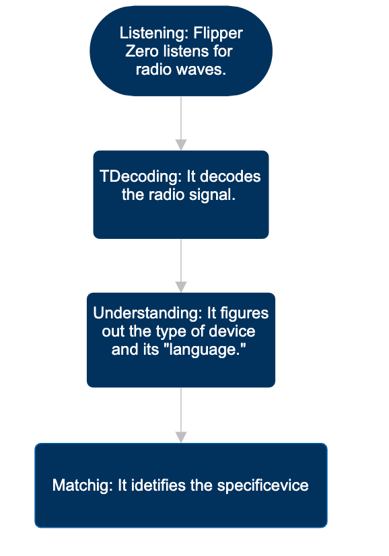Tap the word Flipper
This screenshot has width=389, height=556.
[218, 34]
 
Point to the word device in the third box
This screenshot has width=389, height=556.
[232, 332]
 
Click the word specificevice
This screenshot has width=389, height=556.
[262, 486]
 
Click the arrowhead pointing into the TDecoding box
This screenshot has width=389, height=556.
[181, 145]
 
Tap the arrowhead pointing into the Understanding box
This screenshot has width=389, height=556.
[181, 287]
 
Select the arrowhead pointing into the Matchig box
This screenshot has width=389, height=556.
[181, 438]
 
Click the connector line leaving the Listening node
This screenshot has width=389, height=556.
[181, 118]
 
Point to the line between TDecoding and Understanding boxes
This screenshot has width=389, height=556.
[181, 260]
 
